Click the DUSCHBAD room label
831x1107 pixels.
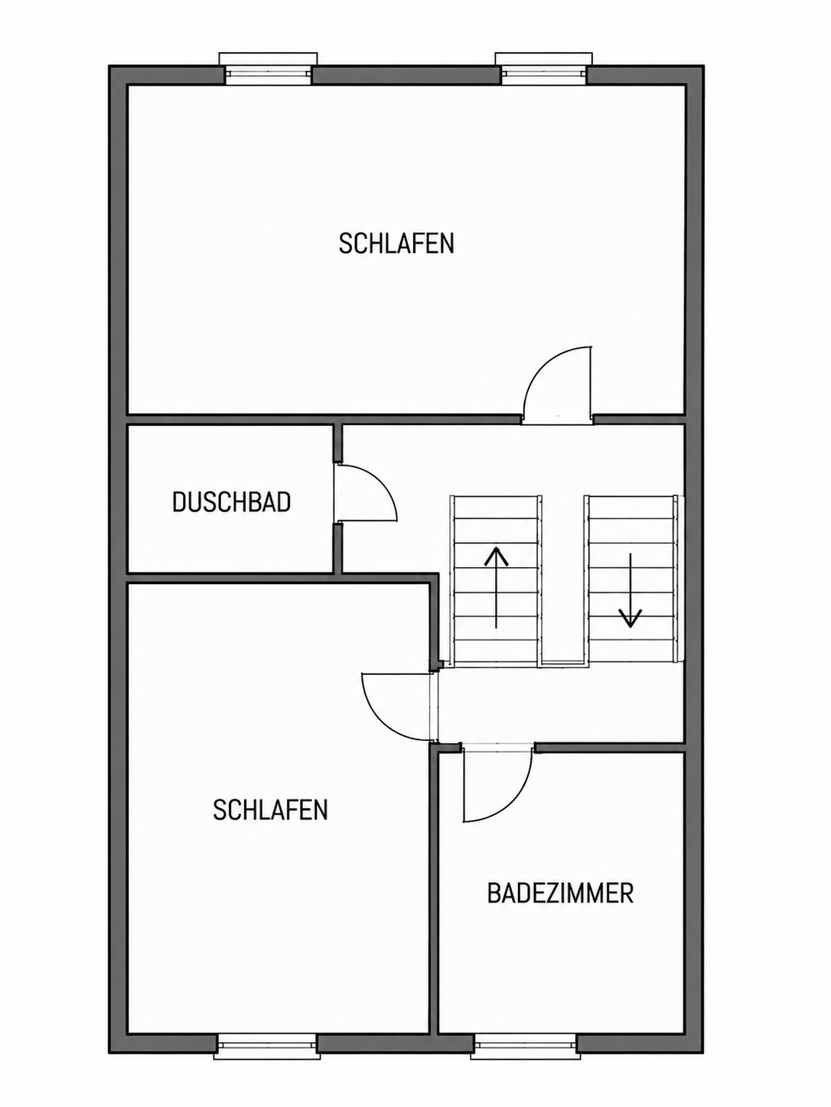(x=232, y=503)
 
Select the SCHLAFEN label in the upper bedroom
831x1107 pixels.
(x=396, y=243)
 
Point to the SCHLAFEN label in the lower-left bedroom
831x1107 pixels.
(x=270, y=810)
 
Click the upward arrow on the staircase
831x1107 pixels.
(x=497, y=588)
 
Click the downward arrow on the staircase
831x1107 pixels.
(x=631, y=590)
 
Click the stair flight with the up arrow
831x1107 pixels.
(x=497, y=580)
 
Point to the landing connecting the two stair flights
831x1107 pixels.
(x=564, y=664)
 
